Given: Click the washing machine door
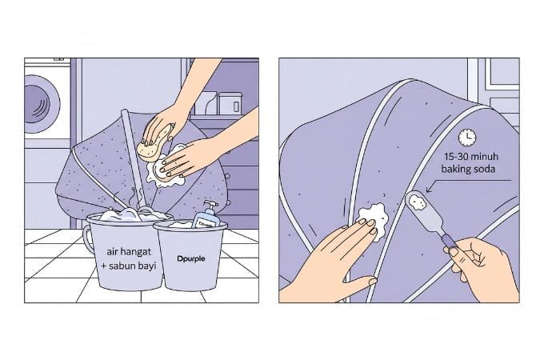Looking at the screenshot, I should (x=40, y=104).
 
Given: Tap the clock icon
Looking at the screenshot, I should (x=467, y=137).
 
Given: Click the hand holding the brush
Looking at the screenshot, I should (x=480, y=264).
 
